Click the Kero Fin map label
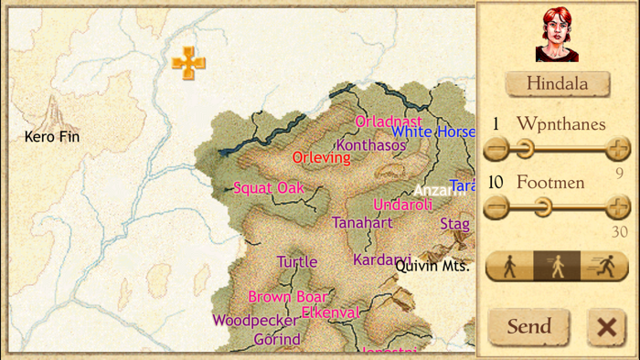(52, 137)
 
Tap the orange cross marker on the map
(188, 63)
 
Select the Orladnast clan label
(389, 122)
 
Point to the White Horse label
(433, 132)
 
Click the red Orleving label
(321, 157)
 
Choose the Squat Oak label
(268, 188)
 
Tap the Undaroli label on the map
(402, 205)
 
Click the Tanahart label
(362, 223)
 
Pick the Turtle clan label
(297, 262)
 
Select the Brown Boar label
(288, 297)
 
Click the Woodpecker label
(255, 321)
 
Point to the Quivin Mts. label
(432, 267)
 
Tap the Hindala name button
(558, 83)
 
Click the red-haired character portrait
(557, 35)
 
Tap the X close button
(606, 327)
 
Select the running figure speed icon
(604, 266)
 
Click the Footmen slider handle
(542, 208)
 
